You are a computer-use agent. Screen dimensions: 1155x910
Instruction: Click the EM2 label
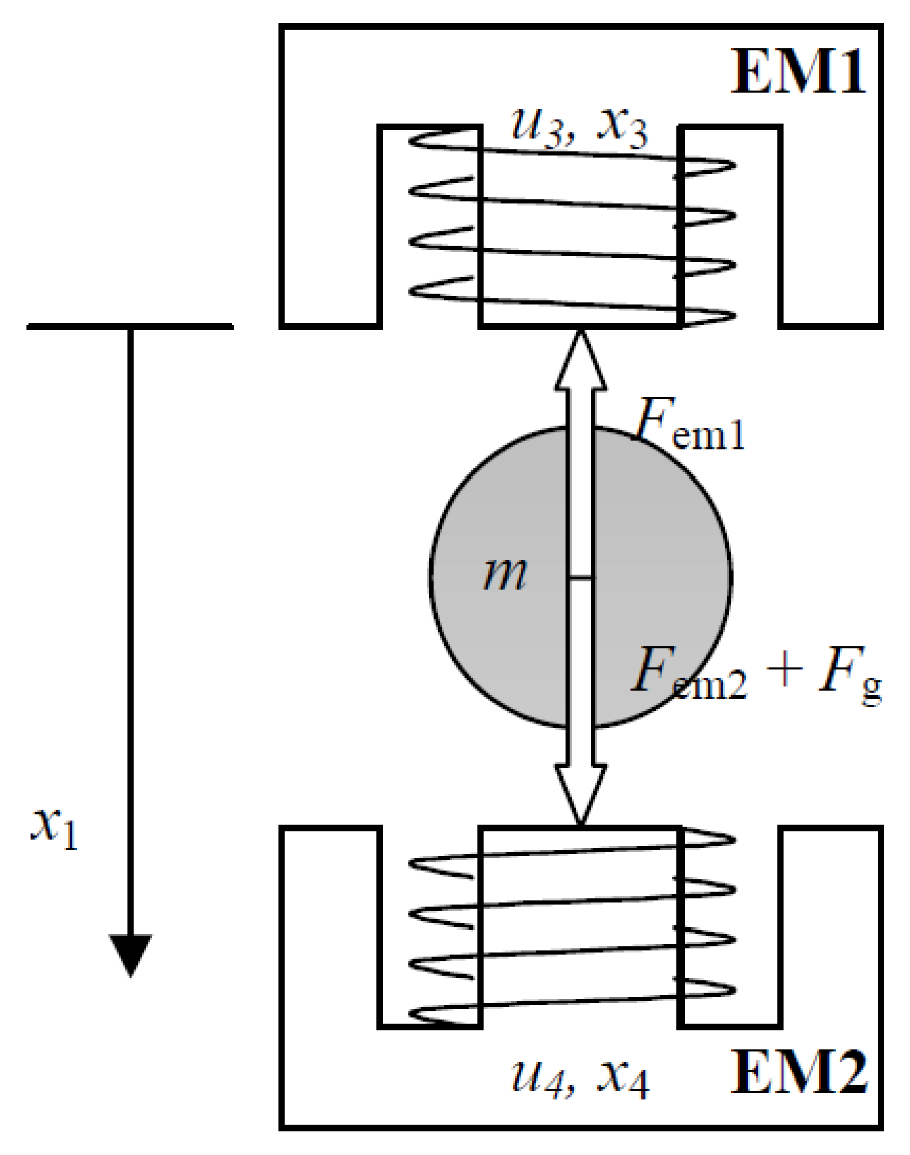click(x=797, y=1072)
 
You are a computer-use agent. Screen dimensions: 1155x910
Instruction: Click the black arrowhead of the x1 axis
click(x=130, y=953)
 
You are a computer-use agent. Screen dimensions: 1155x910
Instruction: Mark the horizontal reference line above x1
click(x=130, y=326)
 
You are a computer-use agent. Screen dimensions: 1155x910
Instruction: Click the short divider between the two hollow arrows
click(x=580, y=577)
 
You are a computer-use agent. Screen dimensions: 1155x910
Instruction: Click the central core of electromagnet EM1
click(x=580, y=228)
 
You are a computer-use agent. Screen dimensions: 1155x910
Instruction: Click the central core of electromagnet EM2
click(x=580, y=926)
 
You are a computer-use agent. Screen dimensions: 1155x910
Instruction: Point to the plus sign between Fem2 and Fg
click(x=784, y=671)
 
